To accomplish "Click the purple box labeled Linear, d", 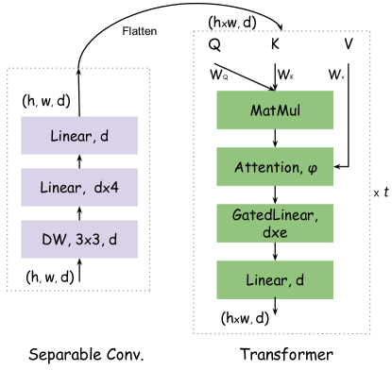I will point(79,136).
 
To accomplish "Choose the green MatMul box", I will point(275,110).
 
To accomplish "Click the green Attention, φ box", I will point(275,167).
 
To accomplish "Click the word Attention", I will point(266,167).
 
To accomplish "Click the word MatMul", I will point(275,110).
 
